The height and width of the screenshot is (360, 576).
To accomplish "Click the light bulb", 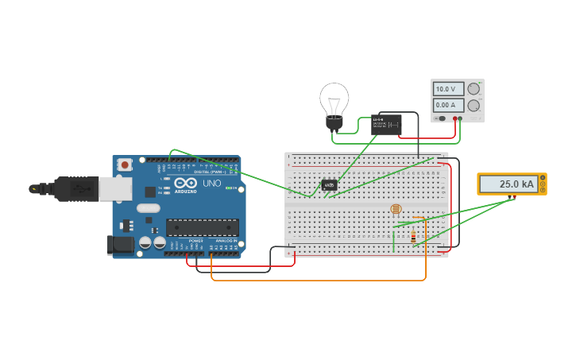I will [334, 103].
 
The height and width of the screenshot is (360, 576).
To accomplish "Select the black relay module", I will [386, 124].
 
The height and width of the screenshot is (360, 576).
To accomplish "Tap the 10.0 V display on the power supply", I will [448, 89].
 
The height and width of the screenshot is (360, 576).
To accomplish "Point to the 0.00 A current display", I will [448, 105].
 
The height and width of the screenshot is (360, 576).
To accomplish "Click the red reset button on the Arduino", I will [124, 165].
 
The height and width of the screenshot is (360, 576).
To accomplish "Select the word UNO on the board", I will [211, 183].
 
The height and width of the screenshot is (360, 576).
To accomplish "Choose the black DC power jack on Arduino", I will [120, 243].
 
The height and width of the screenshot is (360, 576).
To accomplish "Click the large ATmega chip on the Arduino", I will [203, 227].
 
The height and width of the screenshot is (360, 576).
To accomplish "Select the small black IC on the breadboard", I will [329, 184].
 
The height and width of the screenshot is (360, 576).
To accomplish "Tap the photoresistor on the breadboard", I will [396, 209].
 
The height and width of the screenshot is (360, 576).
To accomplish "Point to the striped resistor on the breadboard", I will [413, 235].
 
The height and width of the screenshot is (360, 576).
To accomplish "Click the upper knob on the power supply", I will [474, 89].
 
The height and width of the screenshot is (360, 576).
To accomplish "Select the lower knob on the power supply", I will [474, 105].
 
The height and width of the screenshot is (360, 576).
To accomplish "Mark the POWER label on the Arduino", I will [195, 241].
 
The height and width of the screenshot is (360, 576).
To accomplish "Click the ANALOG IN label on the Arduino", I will [226, 241].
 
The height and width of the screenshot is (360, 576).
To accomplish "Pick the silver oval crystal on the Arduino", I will [148, 209].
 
